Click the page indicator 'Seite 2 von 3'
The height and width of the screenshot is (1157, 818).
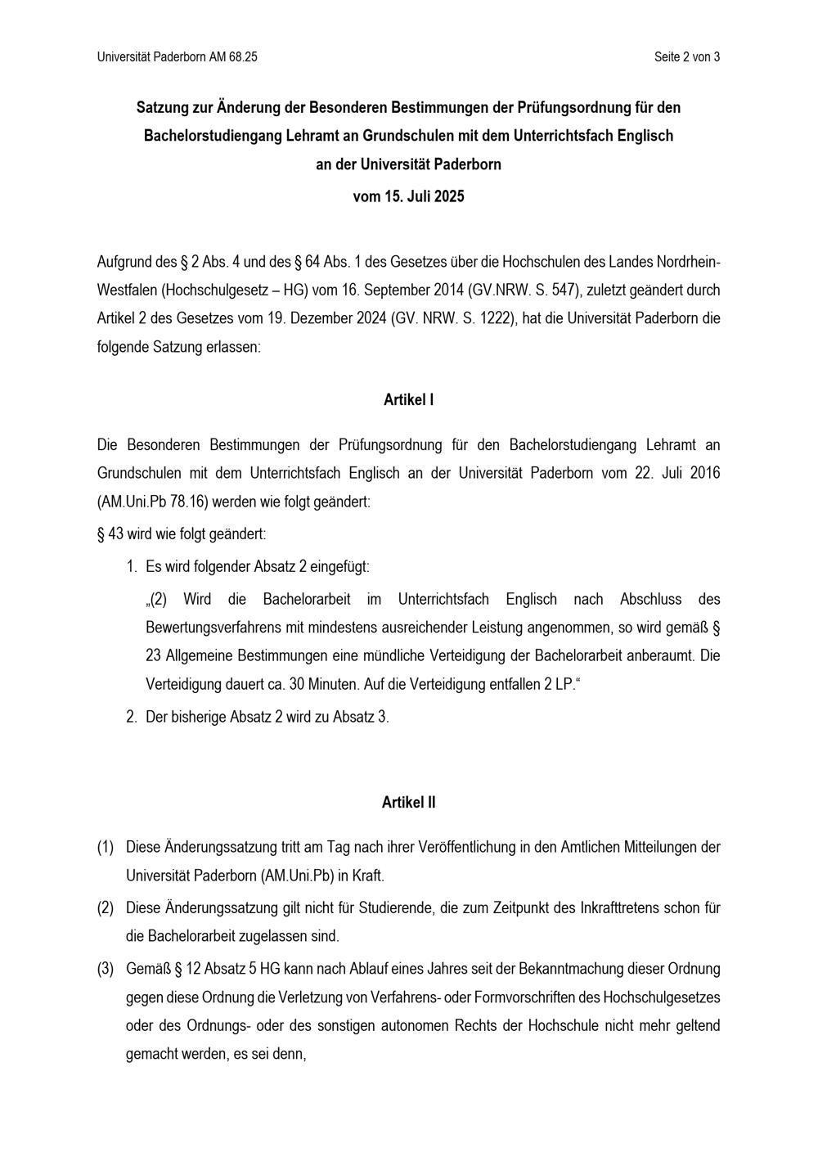coord(686,57)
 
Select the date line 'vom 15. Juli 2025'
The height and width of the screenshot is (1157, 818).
coord(408,196)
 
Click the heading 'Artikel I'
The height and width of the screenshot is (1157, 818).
coord(408,400)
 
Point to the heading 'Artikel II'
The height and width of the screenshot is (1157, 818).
coord(408,803)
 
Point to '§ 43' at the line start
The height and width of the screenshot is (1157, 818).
coord(110,534)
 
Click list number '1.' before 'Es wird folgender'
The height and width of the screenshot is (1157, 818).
coord(131,566)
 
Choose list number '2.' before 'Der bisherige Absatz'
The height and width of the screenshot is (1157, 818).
coord(131,717)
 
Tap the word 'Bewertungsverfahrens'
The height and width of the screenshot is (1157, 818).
coord(211,628)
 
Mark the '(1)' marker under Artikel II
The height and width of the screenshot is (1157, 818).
coord(106,848)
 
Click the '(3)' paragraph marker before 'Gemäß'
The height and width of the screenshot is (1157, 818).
coord(106,970)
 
